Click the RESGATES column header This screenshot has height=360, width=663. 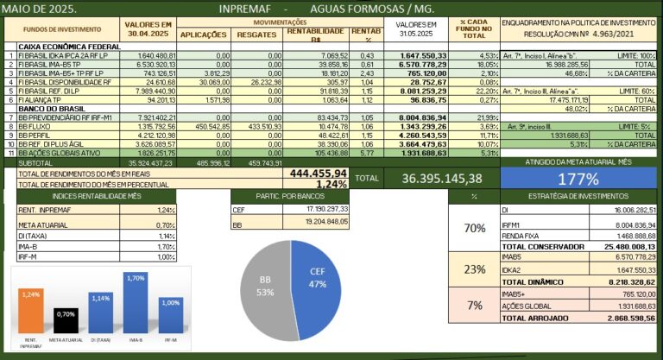click(x=256, y=35)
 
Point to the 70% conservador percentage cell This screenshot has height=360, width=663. click(x=474, y=229)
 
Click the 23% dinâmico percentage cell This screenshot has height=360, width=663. click(x=474, y=268)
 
